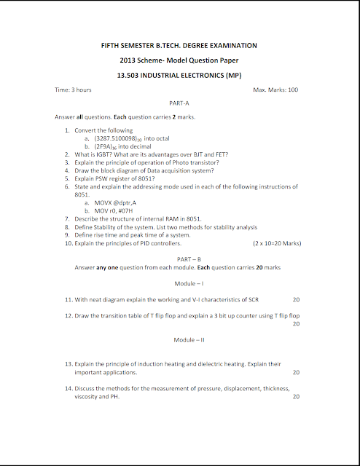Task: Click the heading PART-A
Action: [x=179, y=103]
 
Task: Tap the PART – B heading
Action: [x=179, y=258]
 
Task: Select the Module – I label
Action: [x=179, y=283]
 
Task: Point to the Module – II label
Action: [x=179, y=340]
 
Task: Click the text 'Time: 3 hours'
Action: [x=74, y=90]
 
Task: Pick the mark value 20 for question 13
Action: [x=295, y=372]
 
